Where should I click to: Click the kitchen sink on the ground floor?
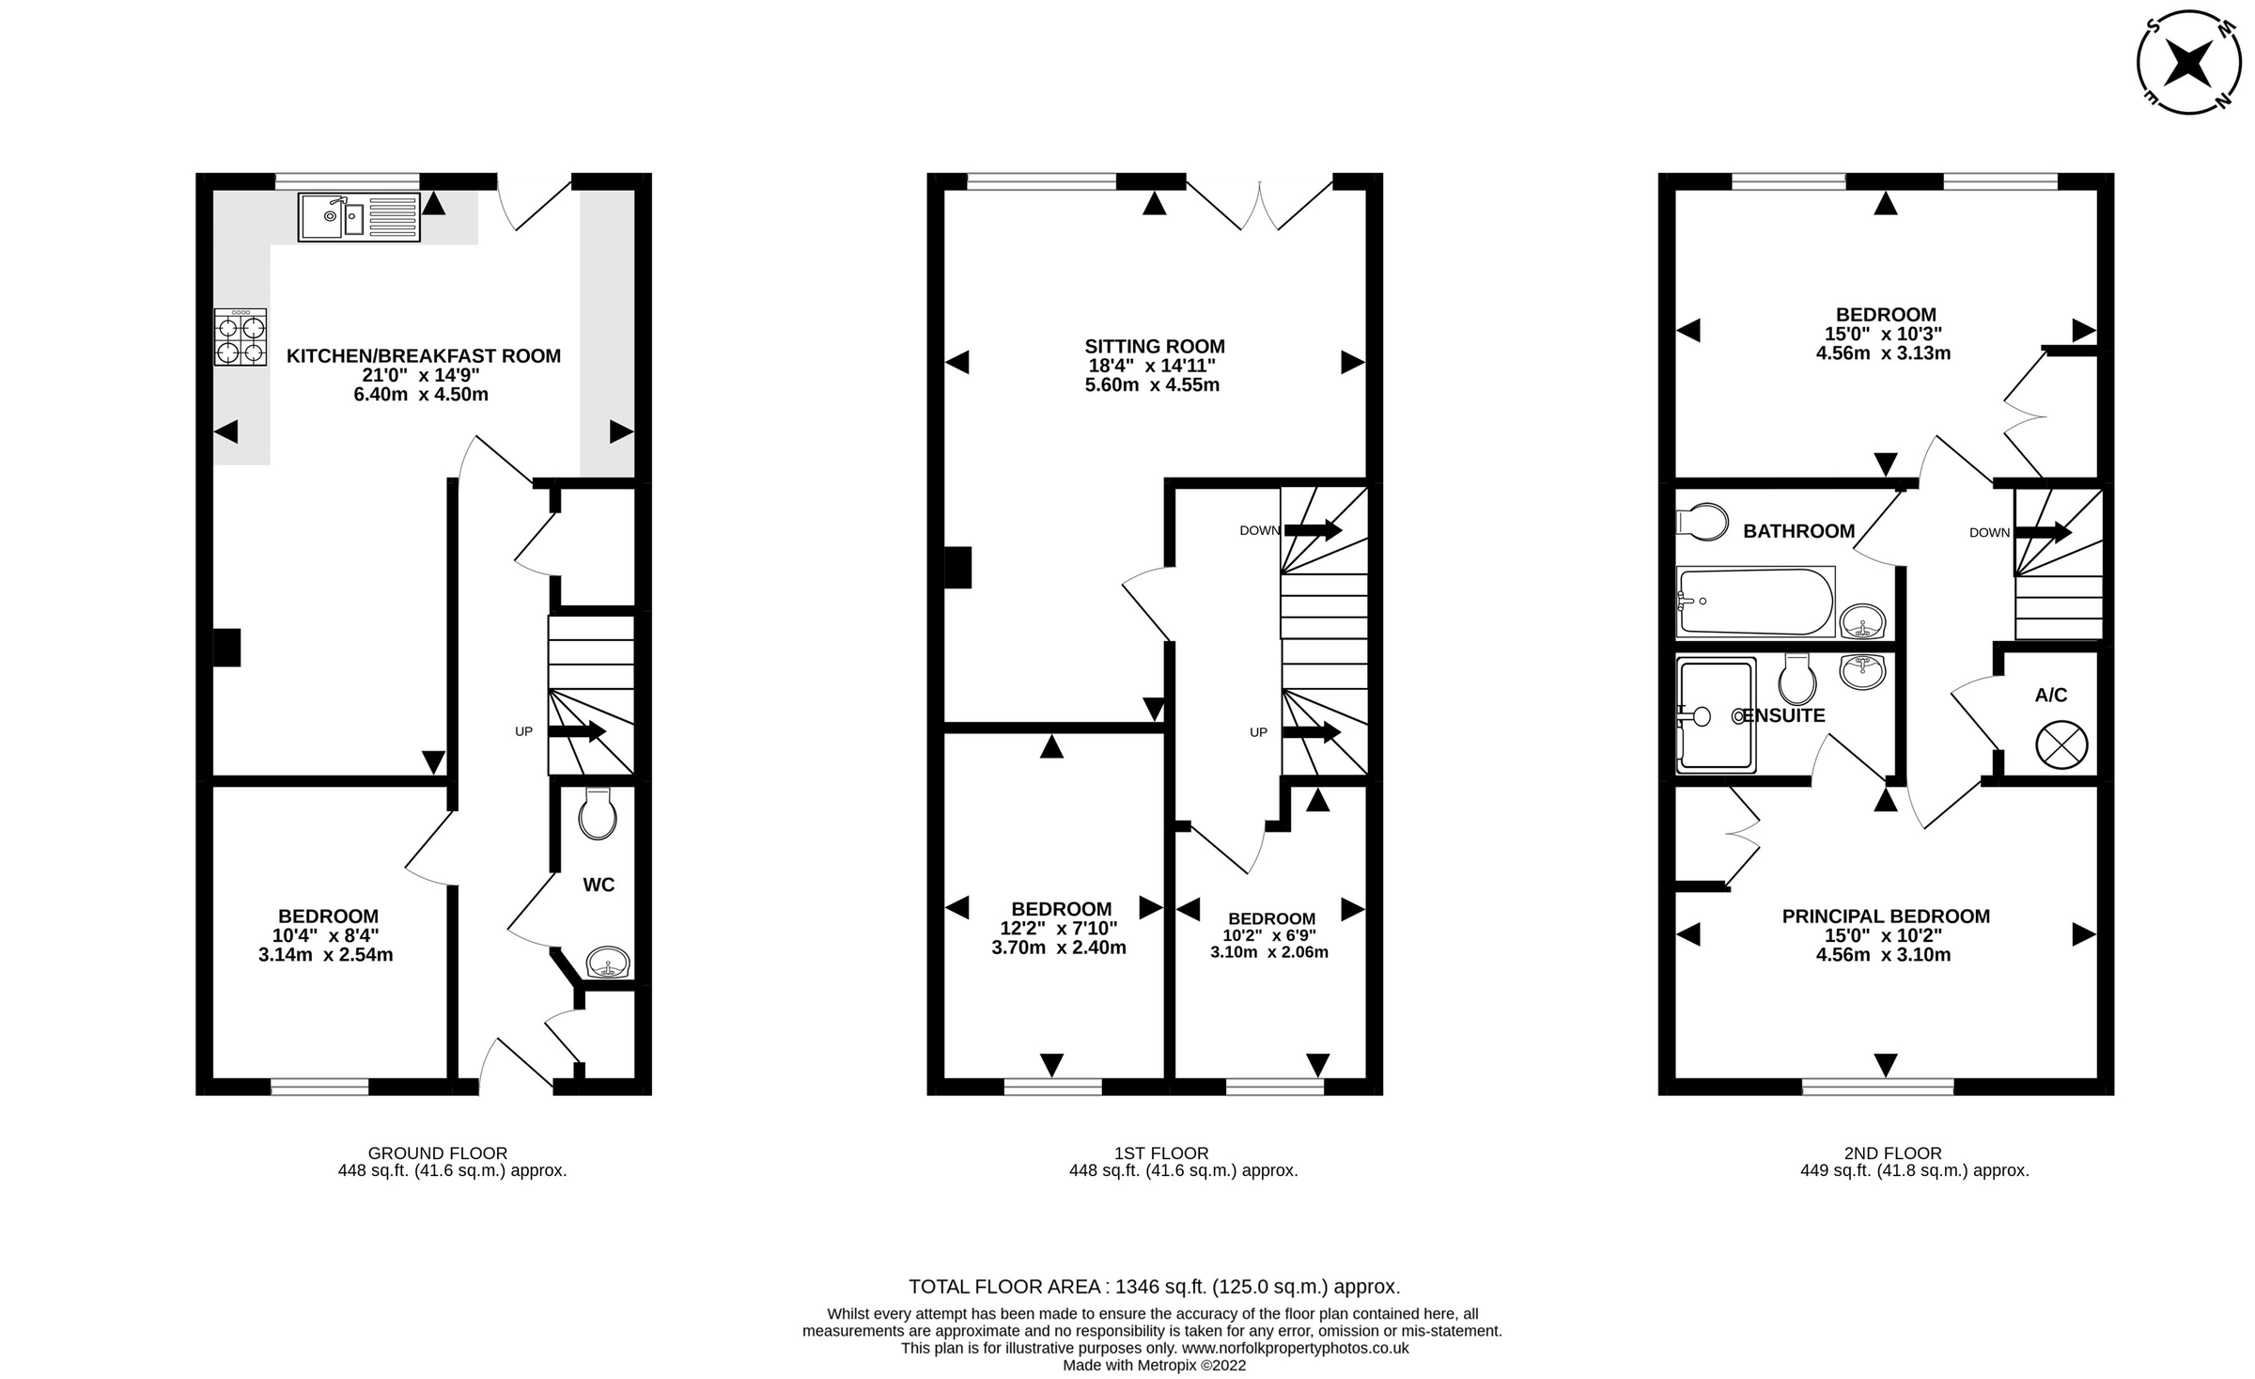(x=358, y=217)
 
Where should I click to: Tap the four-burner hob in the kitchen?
(x=241, y=337)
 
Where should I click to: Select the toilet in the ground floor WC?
(x=598, y=813)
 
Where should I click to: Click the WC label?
(x=599, y=885)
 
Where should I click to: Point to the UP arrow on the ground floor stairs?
(x=576, y=731)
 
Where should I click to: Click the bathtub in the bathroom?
(x=1755, y=602)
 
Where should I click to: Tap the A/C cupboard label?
(x=2050, y=696)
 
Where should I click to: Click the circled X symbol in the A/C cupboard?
(x=2061, y=746)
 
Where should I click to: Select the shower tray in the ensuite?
(x=1716, y=715)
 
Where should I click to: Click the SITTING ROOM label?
(x=1154, y=346)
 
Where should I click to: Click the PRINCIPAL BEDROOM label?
(x=1885, y=916)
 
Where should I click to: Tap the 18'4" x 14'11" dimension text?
(x=1152, y=366)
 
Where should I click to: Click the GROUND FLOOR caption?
(x=437, y=1152)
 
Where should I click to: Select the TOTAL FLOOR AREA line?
(x=1154, y=1286)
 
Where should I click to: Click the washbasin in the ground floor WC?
(x=607, y=964)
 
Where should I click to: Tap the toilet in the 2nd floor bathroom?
(x=1703, y=522)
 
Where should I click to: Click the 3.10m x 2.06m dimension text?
(x=1268, y=952)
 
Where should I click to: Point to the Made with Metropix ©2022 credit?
(x=1154, y=1365)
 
